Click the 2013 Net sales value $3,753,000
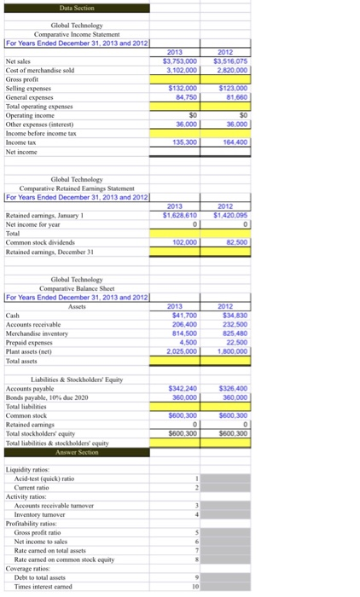(x=179, y=61)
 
